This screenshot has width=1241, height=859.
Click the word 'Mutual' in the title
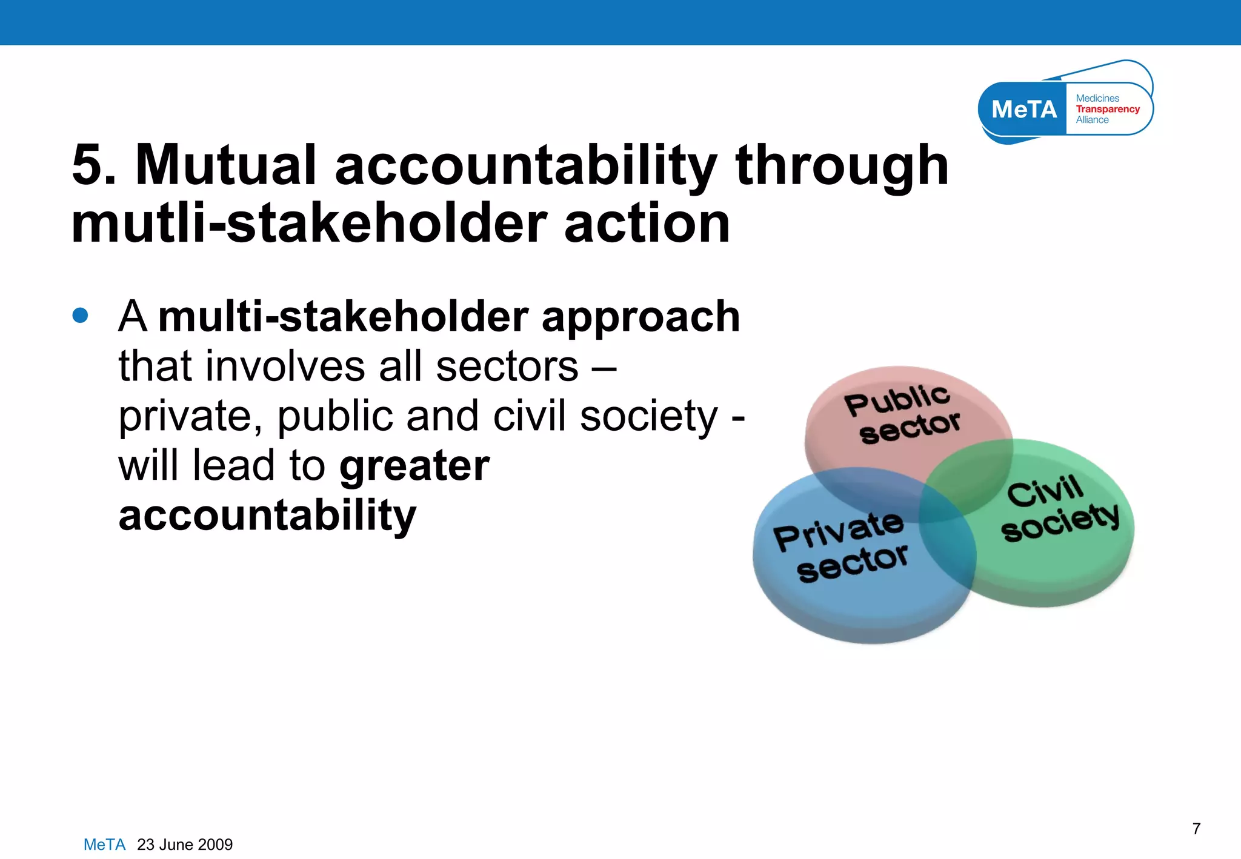click(225, 165)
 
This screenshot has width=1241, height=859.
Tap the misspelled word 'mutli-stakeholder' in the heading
click(309, 224)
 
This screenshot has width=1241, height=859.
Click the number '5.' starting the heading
click(95, 165)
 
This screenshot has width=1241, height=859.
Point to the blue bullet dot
click(80, 316)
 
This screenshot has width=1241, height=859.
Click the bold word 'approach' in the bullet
click(640, 317)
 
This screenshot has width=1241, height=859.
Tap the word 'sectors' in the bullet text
click(507, 366)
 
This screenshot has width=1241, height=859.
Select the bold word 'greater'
click(414, 466)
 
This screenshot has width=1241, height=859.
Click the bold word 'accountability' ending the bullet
click(267, 516)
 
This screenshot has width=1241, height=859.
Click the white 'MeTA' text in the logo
click(1023, 110)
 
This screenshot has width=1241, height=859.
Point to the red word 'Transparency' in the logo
click(1107, 109)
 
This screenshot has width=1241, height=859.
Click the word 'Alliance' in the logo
click(1092, 120)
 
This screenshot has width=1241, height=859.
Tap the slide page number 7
click(1196, 829)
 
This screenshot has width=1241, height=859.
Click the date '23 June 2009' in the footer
click(185, 844)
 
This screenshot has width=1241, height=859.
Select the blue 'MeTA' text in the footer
click(104, 844)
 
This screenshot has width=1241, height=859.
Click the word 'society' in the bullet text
click(648, 417)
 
